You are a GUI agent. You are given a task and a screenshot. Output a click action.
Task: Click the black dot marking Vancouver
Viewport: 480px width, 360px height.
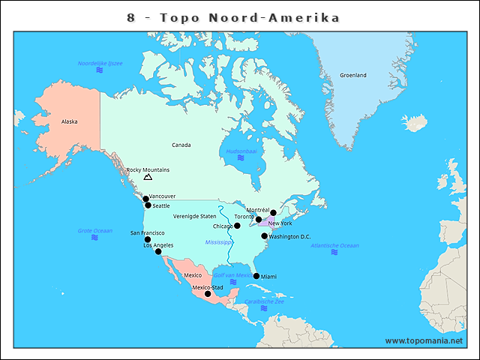tap(145, 199)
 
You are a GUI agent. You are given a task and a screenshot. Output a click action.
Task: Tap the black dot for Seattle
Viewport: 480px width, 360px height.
tap(148, 205)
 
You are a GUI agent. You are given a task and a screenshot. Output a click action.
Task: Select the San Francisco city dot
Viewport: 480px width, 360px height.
tap(148, 240)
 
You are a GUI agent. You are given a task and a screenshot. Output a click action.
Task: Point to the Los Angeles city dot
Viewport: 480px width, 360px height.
tap(158, 252)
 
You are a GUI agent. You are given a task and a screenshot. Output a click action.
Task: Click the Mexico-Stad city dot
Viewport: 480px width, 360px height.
tap(208, 294)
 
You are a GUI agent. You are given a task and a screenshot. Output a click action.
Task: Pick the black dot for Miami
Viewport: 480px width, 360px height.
tap(256, 276)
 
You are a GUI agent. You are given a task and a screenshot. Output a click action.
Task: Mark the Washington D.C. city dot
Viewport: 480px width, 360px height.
tap(265, 236)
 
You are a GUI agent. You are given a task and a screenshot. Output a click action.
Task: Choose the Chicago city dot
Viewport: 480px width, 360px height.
tap(237, 226)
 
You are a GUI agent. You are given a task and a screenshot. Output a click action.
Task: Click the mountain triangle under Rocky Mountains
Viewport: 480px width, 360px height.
tap(148, 177)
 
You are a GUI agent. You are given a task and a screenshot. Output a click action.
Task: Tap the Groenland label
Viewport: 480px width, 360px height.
tap(353, 75)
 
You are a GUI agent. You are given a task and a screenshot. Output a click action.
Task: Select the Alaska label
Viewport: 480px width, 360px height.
tap(69, 121)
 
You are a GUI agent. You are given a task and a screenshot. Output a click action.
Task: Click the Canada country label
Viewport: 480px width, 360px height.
tap(181, 145)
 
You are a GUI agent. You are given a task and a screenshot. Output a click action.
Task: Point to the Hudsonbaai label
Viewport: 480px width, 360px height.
tap(241, 151)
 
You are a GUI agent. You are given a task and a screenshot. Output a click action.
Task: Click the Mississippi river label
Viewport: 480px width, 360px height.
tap(219, 242)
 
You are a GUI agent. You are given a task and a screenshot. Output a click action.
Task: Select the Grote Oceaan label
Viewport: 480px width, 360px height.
tap(95, 230)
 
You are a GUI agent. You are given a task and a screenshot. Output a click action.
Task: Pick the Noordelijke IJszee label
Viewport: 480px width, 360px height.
tap(100, 63)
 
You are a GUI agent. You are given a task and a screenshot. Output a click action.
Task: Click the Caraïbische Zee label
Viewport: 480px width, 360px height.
tap(263, 301)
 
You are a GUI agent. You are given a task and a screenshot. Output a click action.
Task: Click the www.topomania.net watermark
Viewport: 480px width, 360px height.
tap(424, 340)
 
